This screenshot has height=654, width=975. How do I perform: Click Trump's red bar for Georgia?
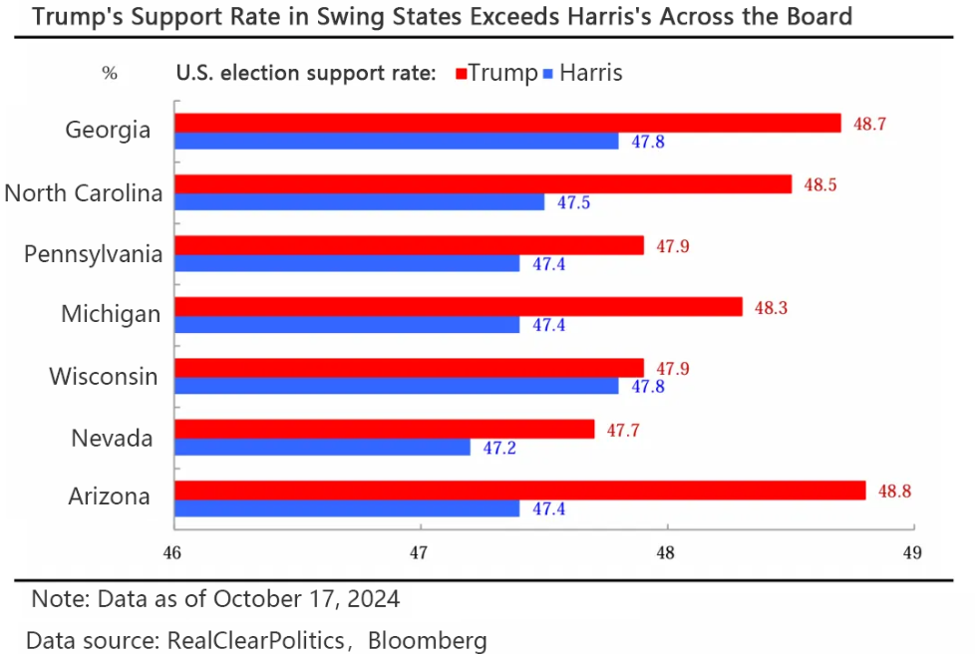point(508,123)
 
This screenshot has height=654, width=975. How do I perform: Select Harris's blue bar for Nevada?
point(322,448)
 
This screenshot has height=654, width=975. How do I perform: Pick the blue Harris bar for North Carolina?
point(360,202)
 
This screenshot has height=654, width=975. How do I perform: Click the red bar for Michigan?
point(459,307)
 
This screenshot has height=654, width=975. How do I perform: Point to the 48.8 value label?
point(894,490)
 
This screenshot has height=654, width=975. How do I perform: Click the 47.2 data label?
point(499,449)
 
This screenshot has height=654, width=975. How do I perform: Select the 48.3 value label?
point(771,307)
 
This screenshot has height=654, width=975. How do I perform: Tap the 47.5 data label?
point(573,202)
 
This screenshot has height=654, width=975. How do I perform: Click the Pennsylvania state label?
point(94,253)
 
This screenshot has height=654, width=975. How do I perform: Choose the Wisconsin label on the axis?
point(104,376)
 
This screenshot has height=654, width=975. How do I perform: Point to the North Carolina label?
point(84,192)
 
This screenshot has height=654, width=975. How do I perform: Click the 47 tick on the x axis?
point(419,552)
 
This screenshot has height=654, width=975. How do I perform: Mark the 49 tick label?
point(910,552)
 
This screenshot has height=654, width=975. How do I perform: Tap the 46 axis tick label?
point(172,552)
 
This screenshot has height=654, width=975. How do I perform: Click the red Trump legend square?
point(462,74)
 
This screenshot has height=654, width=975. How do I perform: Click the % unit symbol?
point(110,73)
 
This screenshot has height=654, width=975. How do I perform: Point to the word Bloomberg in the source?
point(428,639)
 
